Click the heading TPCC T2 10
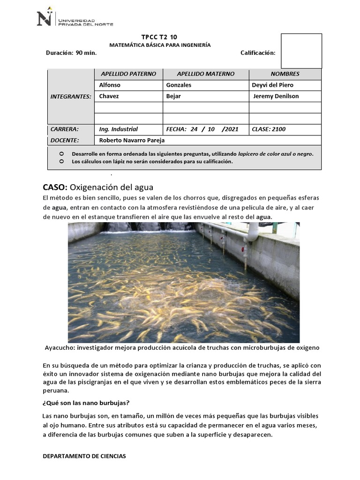tap(159, 37)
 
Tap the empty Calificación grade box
tap(301, 51)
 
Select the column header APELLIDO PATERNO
tap(128, 74)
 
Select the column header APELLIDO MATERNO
tap(205, 74)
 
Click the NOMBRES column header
tap(285, 74)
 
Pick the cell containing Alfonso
tap(110, 85)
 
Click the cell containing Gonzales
tap(179, 85)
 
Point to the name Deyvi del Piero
tap(272, 85)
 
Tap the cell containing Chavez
tap(109, 97)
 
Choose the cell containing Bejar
tap(173, 97)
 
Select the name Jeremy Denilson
tap(276, 97)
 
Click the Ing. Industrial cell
tap(119, 129)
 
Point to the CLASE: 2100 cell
tap(269, 129)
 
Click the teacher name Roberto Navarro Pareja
tap(132, 140)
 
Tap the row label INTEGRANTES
tap(70, 97)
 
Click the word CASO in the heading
tap(55, 187)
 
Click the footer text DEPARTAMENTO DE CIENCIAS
tap(84, 456)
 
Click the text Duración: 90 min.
tap(71, 53)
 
